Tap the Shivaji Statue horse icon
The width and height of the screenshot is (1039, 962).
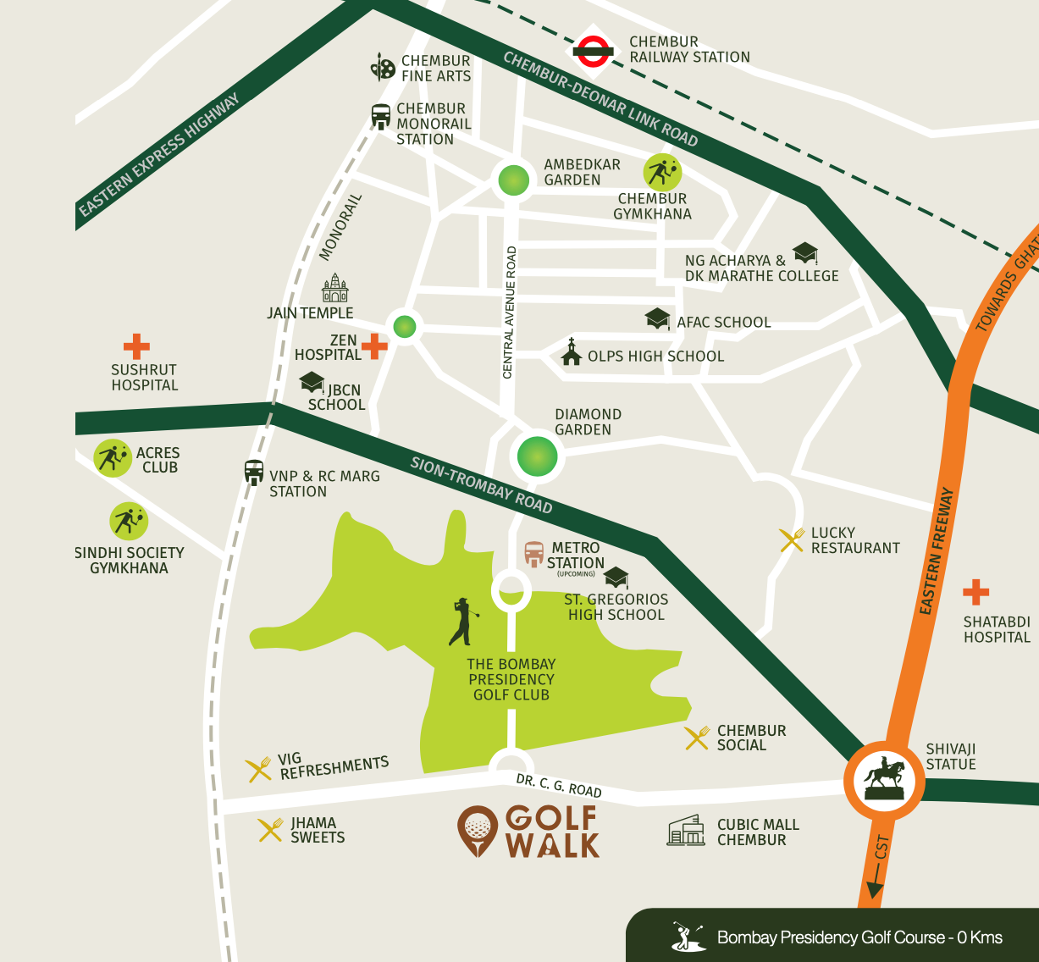tap(883, 779)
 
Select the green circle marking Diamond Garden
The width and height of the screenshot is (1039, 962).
tap(537, 456)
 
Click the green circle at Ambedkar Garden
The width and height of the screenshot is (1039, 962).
tap(513, 180)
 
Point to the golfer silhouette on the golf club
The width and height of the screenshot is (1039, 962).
tap(462, 622)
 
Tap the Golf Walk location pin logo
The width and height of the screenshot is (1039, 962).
tap(478, 831)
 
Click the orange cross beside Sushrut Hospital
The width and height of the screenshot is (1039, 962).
tap(136, 346)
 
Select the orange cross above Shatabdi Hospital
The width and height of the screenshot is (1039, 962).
tap(975, 592)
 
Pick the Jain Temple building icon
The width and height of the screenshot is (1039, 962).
tap(335, 289)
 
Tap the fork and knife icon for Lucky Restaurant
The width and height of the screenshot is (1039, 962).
tap(792, 540)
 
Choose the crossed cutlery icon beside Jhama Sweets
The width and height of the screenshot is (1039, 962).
tap(270, 830)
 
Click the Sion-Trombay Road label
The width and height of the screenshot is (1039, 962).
tap(481, 485)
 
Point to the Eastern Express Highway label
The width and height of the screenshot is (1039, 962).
tap(158, 155)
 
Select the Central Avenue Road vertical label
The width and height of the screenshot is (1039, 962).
tap(509, 312)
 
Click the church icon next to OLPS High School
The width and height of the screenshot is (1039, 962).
tap(572, 352)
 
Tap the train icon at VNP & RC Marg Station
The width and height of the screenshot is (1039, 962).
tap(253, 473)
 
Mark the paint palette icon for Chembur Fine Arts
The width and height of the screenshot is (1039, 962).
tap(383, 67)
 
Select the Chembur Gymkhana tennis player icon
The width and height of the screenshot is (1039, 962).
tap(662, 173)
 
